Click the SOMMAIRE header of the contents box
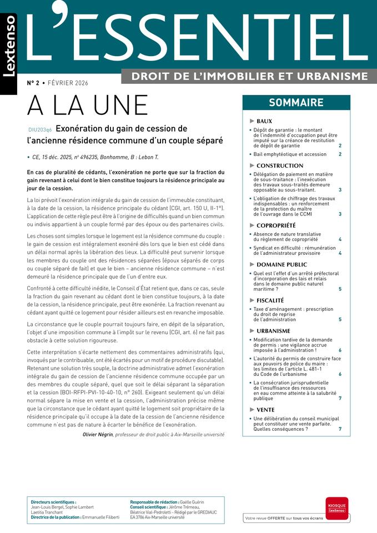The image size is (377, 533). coord(296,103)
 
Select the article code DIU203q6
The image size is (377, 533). coord(39,129)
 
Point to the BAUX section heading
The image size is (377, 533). coord(264,121)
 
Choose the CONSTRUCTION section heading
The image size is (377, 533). coord(280,165)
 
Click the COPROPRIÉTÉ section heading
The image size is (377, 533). coord(276,225)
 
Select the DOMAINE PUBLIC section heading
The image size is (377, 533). coord(282,265)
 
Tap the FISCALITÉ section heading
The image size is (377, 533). coord(270,300)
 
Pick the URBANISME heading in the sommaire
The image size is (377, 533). coord(273,331)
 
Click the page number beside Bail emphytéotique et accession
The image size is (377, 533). coord(340,154)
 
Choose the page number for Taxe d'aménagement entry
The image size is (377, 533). coord(340,320)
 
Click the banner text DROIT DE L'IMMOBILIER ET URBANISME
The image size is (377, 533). coord(249,76)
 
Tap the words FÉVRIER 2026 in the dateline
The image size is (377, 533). coord(68,83)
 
